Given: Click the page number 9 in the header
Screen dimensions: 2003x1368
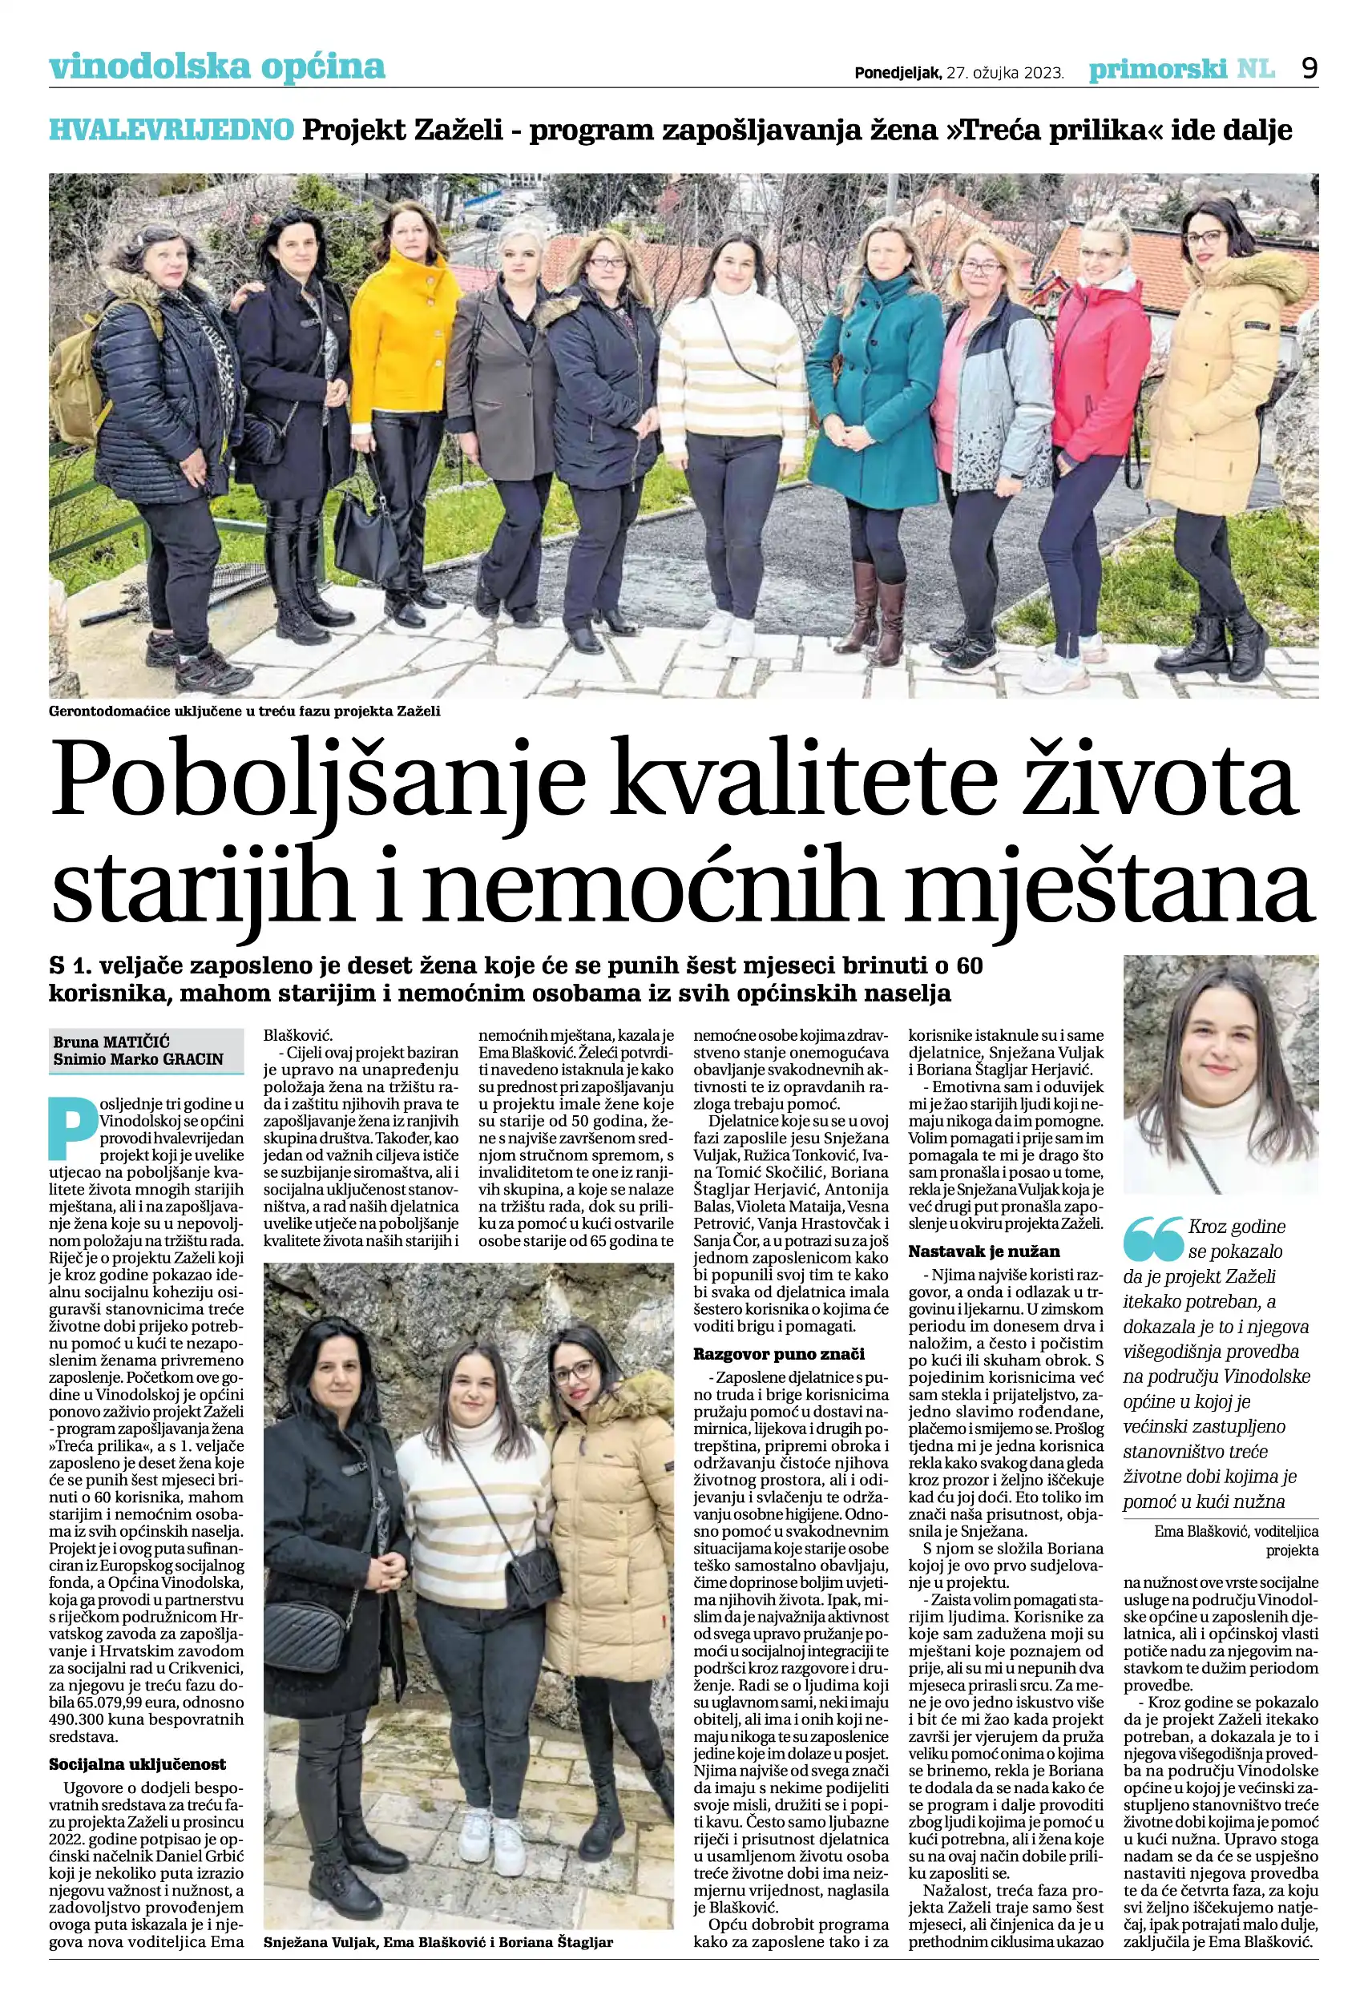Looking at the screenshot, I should (1309, 68).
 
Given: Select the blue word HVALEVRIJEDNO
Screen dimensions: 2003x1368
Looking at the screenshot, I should (172, 130).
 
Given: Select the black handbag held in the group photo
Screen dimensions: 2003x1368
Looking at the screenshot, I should (365, 534).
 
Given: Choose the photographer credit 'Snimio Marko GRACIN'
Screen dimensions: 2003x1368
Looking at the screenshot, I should (138, 1058).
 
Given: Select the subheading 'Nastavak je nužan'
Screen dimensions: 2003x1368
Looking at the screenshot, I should (983, 1251).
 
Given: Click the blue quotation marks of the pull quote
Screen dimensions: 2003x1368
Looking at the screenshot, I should (1153, 1239).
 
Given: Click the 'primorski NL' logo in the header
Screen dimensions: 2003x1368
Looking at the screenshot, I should (1181, 69).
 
